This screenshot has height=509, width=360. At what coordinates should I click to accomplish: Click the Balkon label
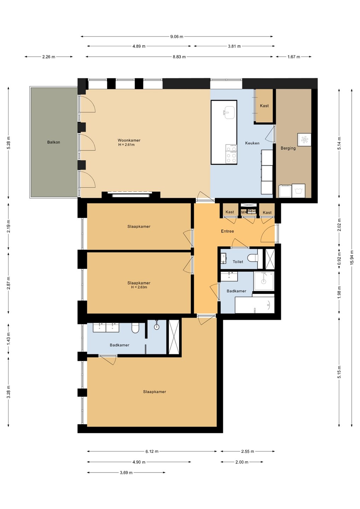[54, 142]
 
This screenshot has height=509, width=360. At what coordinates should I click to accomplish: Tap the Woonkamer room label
[129, 140]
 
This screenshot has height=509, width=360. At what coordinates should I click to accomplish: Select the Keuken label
[252, 143]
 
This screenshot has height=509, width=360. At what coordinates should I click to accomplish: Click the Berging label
[288, 148]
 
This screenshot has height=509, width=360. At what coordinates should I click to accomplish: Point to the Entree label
[227, 231]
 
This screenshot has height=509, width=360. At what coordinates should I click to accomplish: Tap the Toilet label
[238, 262]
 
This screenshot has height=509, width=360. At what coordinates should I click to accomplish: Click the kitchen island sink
[229, 113]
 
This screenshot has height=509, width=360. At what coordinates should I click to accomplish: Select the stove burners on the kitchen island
[231, 154]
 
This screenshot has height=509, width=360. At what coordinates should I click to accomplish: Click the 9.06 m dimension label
[176, 37]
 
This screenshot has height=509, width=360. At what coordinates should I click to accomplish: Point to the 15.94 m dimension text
[352, 257]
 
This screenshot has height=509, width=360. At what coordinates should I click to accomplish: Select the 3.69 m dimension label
[126, 473]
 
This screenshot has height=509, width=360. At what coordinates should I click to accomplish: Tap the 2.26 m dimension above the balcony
[49, 57]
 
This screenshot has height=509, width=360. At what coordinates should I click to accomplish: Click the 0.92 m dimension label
[339, 259]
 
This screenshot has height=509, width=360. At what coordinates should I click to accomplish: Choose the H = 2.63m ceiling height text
[139, 287]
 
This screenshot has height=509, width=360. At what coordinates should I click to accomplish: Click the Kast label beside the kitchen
[264, 106]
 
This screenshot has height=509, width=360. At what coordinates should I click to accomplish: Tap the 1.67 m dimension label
[294, 57]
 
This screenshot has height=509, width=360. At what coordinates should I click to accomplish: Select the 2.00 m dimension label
[242, 462]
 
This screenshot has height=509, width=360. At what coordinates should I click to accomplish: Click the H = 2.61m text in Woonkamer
[126, 145]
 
